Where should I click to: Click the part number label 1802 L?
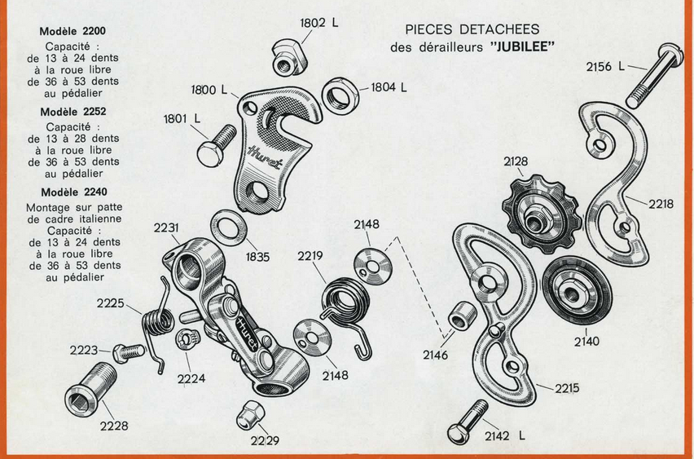click(x=318, y=23)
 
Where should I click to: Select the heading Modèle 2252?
click(x=73, y=112)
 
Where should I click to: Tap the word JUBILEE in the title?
click(x=523, y=47)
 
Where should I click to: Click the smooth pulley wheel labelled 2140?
click(x=578, y=290)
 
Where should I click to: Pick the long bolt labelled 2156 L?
click(x=655, y=75)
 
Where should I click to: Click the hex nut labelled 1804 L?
click(x=340, y=95)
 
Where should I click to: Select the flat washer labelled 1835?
click(x=228, y=227)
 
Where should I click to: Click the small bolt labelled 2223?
click(x=129, y=352)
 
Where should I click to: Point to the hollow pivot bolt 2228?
click(x=90, y=389)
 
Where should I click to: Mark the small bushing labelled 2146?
click(x=463, y=316)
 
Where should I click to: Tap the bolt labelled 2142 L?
click(x=468, y=421)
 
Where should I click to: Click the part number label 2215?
click(x=567, y=388)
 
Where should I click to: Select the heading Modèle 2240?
click(x=74, y=192)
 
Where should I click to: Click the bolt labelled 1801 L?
click(x=216, y=145)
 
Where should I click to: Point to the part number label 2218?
click(x=661, y=204)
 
